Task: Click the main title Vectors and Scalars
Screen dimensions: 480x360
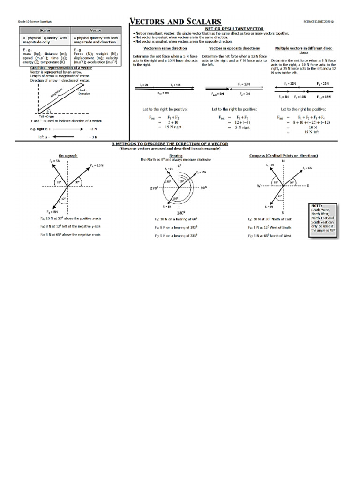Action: [175, 22]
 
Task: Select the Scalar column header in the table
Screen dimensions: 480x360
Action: [44, 30]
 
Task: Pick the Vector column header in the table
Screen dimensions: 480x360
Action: [96, 30]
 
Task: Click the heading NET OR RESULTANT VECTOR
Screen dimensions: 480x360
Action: [234, 29]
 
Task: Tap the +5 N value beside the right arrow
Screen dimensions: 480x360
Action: [92, 128]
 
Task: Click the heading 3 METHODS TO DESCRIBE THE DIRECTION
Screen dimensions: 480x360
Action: [170, 144]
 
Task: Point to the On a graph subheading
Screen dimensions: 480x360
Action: [68, 155]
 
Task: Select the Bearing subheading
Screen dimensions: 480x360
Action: [176, 155]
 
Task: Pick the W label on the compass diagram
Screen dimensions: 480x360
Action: [258, 186]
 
